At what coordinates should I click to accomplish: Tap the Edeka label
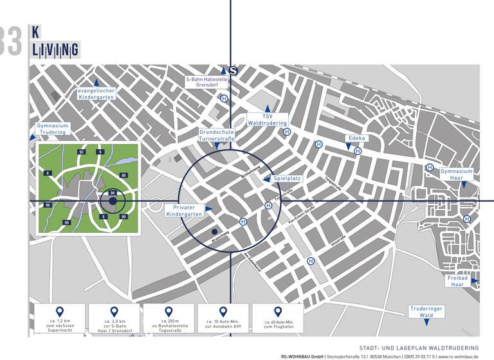pyautogui.click(x=356, y=138)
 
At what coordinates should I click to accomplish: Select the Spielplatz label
pyautogui.click(x=287, y=178)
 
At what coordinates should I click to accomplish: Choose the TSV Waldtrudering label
pyautogui.click(x=267, y=118)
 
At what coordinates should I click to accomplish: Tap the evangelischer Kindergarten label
pyautogui.click(x=96, y=94)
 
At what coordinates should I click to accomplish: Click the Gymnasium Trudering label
pyautogui.click(x=53, y=129)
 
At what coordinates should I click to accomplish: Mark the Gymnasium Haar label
pyautogui.click(x=457, y=175)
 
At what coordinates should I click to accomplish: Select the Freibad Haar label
pyautogui.click(x=457, y=281)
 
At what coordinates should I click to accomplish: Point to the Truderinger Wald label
pyautogui.click(x=426, y=312)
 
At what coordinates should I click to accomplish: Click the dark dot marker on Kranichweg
pyautogui.click(x=214, y=231)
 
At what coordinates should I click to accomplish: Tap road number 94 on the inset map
pyautogui.click(x=113, y=193)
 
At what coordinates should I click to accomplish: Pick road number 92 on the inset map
pyautogui.click(x=81, y=152)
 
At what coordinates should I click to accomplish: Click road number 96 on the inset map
pyautogui.click(x=48, y=205)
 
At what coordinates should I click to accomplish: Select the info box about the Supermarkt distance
pyautogui.click(x=59, y=319)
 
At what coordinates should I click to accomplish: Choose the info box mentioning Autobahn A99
pyautogui.click(x=223, y=319)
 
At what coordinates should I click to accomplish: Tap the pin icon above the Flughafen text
pyautogui.click(x=279, y=312)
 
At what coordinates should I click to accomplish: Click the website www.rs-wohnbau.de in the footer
pyautogui.click(x=458, y=355)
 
